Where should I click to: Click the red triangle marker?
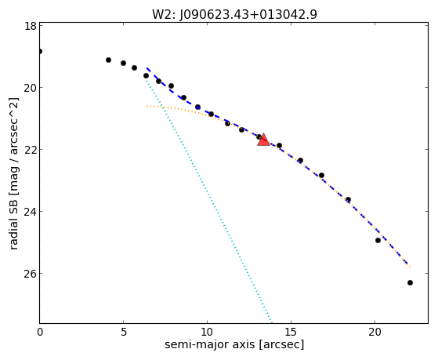point(263,140)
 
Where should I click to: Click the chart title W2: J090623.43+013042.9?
point(234,14)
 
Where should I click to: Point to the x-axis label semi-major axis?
point(234,344)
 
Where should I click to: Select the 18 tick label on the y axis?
point(30,26)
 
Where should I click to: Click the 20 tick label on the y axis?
point(30,88)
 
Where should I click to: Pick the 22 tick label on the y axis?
point(30,150)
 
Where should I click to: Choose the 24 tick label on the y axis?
point(30,212)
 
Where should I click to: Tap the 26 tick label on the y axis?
point(30,273)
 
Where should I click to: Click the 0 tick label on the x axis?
point(40,332)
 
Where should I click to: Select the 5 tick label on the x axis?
point(124,332)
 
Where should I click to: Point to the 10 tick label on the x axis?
point(207,332)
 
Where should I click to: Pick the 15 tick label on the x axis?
point(291,332)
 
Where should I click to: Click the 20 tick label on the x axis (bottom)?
point(375,332)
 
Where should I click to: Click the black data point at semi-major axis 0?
point(40,52)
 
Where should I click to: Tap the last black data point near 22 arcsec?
point(410,283)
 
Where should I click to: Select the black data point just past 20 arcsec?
point(378,240)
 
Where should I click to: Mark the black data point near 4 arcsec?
point(108,60)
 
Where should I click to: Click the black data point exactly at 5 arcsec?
point(123,63)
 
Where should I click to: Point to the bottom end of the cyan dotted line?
point(272,322)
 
